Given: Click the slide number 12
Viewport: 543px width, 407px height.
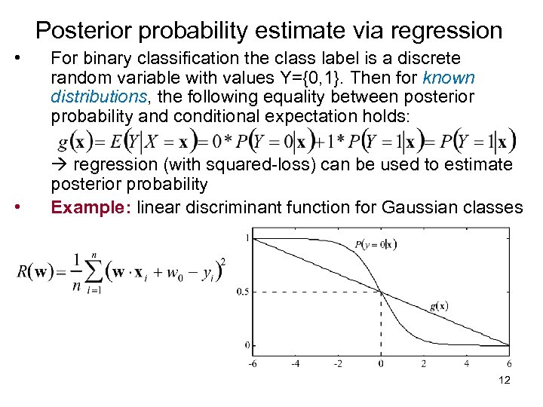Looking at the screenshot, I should coord(505,380).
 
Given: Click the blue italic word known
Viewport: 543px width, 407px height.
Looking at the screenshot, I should coord(449,78).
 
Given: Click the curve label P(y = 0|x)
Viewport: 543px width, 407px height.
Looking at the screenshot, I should coord(376,243).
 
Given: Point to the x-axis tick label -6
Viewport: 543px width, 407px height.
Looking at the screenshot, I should coord(253,364).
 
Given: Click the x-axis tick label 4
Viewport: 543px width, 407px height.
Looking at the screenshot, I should coord(466,364).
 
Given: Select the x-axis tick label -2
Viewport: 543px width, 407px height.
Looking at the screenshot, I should coord(337,364).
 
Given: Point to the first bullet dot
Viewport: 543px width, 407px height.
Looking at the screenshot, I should coord(26,58).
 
